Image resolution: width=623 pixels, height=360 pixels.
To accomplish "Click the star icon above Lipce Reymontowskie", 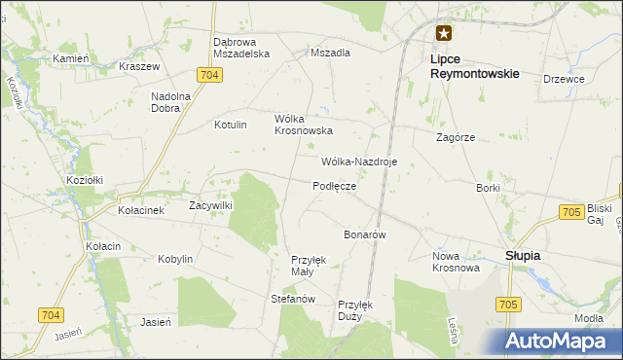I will pyautogui.click(x=444, y=32).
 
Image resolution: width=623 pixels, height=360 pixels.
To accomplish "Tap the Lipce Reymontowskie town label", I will pyautogui.click(x=474, y=65).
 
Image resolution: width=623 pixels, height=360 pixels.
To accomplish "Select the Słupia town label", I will pyautogui.click(x=523, y=255).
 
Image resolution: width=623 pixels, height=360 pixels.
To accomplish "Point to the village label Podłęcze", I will pyautogui.click(x=334, y=186).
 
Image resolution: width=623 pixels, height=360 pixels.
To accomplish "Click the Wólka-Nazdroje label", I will pyautogui.click(x=358, y=162).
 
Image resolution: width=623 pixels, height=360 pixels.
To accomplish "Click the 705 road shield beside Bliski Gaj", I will pyautogui.click(x=572, y=211).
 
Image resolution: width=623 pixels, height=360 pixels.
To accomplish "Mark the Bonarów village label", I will pyautogui.click(x=366, y=235).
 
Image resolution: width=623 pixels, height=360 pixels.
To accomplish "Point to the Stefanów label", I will pyautogui.click(x=294, y=299).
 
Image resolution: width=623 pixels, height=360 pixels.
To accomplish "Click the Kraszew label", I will pyautogui.click(x=138, y=67).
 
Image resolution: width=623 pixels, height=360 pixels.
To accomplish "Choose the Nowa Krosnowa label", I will pyautogui.click(x=456, y=262).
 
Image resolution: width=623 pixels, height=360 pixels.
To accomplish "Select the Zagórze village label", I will pyautogui.click(x=456, y=138).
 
